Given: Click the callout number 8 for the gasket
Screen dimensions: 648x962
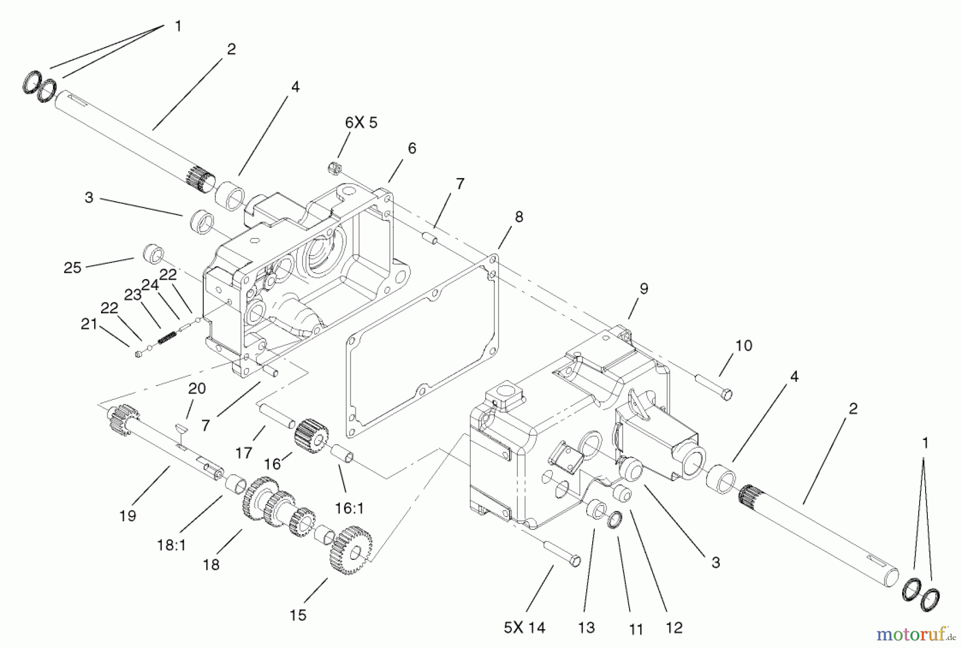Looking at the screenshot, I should (x=518, y=217).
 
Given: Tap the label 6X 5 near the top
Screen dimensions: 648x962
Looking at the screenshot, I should (x=361, y=123).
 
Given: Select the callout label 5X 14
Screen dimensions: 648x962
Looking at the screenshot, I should (x=524, y=628).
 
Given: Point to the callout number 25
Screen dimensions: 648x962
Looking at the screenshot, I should (x=72, y=267).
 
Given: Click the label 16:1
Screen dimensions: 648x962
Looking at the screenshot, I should (x=350, y=508).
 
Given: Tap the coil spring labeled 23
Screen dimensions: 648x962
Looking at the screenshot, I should (x=166, y=338).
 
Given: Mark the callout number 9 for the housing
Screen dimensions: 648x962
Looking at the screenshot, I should (x=644, y=289).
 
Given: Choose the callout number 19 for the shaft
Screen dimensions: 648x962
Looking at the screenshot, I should (x=128, y=516).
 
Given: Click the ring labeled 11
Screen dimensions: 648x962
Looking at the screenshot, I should (x=615, y=518).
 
